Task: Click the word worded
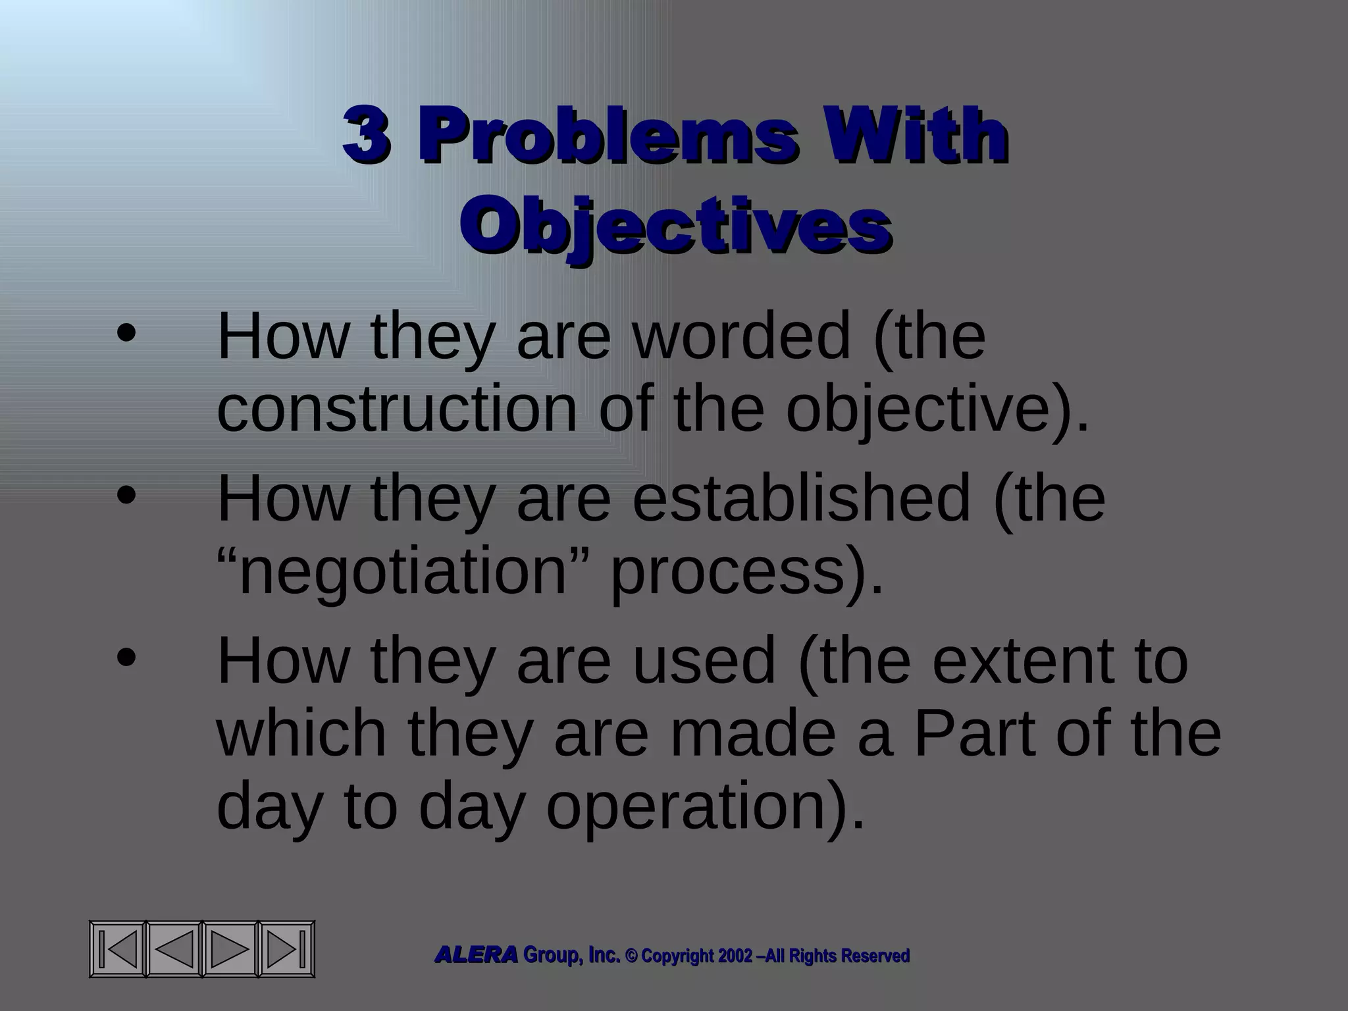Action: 742,336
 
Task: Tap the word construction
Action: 397,409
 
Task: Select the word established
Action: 801,498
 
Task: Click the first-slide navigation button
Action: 118,949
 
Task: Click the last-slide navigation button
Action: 287,949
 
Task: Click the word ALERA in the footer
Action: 476,955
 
